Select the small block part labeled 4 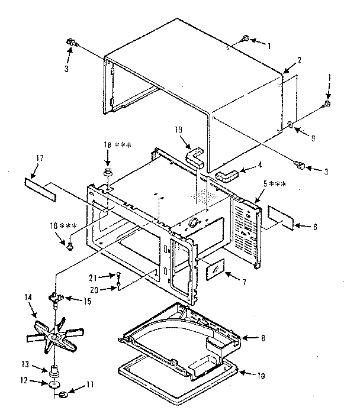pos(226,175)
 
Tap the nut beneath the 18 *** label pos(109,172)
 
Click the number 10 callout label pos(262,375)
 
